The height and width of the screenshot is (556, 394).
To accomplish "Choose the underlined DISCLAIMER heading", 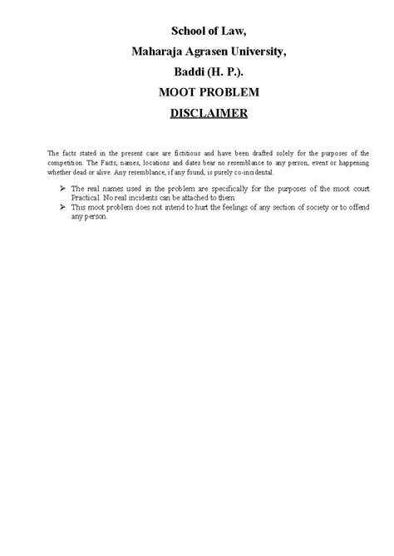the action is pos(209,113).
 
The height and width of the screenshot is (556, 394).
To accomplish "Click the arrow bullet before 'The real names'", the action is pos(64,189).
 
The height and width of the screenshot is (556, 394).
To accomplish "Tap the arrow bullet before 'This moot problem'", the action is pos(64,207).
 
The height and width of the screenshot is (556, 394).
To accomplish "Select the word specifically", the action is pos(219,189).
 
